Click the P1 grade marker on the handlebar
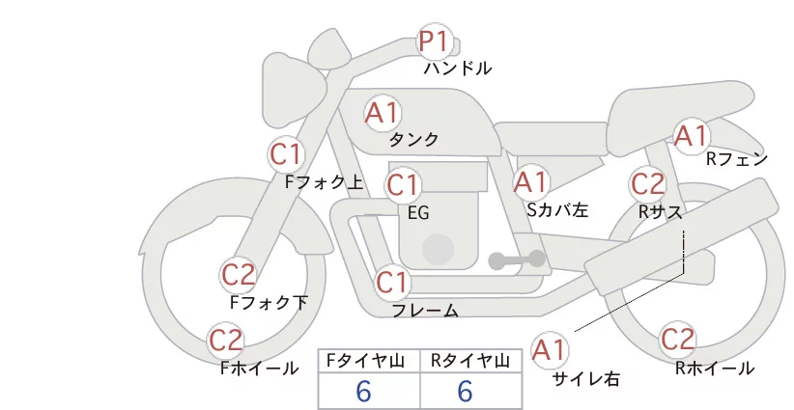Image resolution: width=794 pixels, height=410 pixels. pyautogui.click(x=435, y=41)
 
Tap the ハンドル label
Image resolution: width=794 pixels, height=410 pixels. pyautogui.click(x=458, y=68)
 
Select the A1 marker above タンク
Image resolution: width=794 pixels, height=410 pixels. pyautogui.click(x=383, y=113)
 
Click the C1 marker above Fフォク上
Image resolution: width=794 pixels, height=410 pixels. pyautogui.click(x=287, y=154)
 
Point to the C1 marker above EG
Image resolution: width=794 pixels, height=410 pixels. pyautogui.click(x=403, y=185)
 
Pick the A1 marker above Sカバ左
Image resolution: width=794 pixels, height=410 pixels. pyautogui.click(x=530, y=182)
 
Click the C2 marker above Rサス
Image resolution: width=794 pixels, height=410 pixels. pyautogui.click(x=647, y=184)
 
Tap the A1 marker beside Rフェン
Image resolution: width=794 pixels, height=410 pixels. pyautogui.click(x=692, y=136)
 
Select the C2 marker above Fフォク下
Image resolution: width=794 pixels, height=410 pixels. pyautogui.click(x=238, y=275)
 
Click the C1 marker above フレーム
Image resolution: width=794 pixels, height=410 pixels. pyautogui.click(x=392, y=282)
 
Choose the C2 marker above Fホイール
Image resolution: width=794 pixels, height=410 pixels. pyautogui.click(x=226, y=341)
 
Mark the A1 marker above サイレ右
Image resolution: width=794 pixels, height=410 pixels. pyautogui.click(x=550, y=350)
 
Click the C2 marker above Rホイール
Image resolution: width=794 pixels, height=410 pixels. pyautogui.click(x=677, y=340)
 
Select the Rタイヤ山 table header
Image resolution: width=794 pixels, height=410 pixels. pyautogui.click(x=469, y=361)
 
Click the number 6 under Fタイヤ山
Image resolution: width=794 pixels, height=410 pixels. pyautogui.click(x=363, y=392)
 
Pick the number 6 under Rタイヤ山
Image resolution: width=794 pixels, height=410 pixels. pyautogui.click(x=465, y=392)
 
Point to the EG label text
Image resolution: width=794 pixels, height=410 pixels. pyautogui.click(x=419, y=213)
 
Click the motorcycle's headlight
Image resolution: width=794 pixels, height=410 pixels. pyautogui.click(x=295, y=90)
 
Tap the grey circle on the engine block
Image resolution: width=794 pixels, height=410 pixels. pyautogui.click(x=438, y=249)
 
